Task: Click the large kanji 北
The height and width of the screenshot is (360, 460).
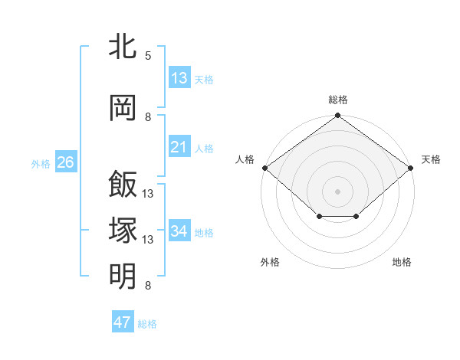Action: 123,46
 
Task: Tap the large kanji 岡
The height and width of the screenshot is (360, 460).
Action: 123,108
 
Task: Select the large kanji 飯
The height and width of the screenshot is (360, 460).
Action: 123,184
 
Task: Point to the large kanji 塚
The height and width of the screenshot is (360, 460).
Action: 123,230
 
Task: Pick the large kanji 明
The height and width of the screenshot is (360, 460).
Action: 123,277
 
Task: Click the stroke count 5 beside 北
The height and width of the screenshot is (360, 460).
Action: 148,55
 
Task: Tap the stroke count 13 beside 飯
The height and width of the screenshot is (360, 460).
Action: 147,194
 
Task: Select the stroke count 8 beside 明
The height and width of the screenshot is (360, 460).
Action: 148,285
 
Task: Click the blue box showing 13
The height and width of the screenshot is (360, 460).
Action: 179,77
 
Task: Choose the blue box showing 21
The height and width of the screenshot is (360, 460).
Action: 179,146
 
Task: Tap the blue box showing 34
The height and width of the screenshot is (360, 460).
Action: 179,230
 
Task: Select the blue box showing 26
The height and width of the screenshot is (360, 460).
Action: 66,162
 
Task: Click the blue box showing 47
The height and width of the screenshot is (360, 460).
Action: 123,321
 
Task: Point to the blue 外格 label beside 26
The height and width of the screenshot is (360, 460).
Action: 41,164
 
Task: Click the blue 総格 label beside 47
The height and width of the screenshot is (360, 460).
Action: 147,324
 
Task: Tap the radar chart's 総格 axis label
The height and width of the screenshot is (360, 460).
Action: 338,100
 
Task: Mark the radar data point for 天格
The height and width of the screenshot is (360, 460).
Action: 410,168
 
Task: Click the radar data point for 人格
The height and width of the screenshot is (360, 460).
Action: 265,168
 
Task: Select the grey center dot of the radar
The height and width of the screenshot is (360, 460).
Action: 337,191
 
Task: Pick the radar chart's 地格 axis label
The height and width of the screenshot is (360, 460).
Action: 402,262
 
